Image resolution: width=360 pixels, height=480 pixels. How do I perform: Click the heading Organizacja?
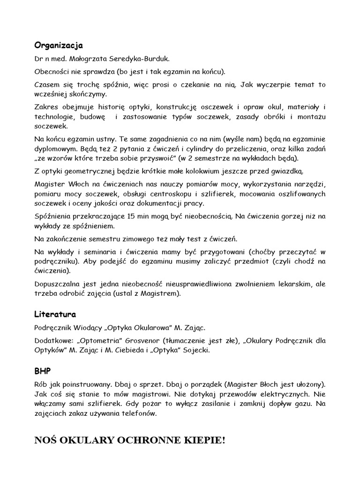coord(59,45)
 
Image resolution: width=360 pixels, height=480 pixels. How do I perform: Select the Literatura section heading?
coord(55,314)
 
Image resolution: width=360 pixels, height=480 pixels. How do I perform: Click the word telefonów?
coord(142,414)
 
